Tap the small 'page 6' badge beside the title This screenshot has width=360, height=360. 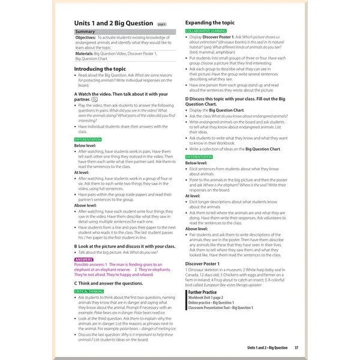coord(162,25)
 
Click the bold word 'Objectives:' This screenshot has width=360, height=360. coord(86,37)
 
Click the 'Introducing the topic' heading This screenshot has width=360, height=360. coord(100,69)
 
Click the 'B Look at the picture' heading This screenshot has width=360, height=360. coord(124,246)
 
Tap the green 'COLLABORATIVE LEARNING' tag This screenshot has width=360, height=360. coord(206,30)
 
